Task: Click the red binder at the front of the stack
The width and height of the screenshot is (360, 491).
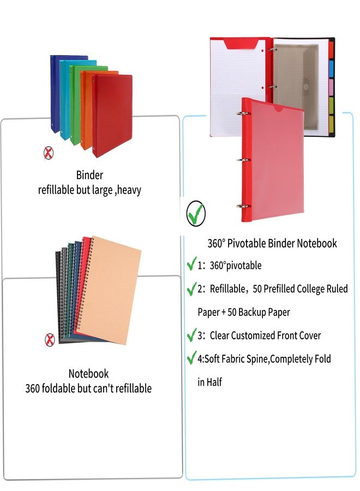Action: pyautogui.click(x=113, y=115)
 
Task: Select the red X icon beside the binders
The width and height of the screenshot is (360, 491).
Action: pyautogui.click(x=48, y=153)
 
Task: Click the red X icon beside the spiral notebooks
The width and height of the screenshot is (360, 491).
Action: pyautogui.click(x=50, y=340)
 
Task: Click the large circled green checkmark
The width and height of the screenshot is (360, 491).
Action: pyautogui.click(x=196, y=213)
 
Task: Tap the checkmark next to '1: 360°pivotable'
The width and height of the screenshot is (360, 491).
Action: pyautogui.click(x=191, y=264)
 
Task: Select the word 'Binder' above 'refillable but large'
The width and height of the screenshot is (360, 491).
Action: pyautogui.click(x=89, y=175)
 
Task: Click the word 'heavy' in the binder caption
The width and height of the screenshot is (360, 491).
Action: pyautogui.click(x=129, y=190)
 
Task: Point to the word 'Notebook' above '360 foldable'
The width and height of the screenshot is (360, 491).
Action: pyautogui.click(x=88, y=374)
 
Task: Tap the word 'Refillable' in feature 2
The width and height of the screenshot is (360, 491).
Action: pyautogui.click(x=227, y=289)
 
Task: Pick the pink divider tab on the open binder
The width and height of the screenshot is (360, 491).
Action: pyautogui.click(x=331, y=87)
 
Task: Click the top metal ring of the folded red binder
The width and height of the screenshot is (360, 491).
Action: pyautogui.click(x=244, y=113)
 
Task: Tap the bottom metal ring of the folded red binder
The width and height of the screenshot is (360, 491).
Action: pyautogui.click(x=244, y=206)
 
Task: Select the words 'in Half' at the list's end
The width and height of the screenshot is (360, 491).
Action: pyautogui.click(x=210, y=382)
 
